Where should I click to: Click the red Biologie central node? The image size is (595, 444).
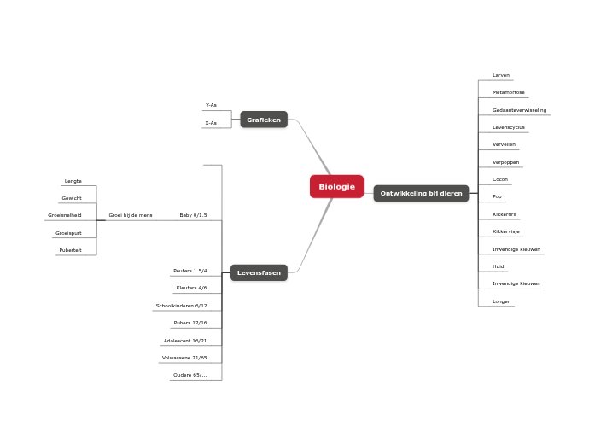[x=336, y=186]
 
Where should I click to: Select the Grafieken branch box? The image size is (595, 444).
[x=264, y=120]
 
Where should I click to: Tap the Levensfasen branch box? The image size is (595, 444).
[x=259, y=272]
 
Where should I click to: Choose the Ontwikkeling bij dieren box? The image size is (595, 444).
[x=421, y=193]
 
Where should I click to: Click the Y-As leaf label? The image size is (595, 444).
[x=211, y=105]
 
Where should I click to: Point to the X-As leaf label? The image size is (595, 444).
[x=211, y=123]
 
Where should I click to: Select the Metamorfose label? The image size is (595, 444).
[x=509, y=92]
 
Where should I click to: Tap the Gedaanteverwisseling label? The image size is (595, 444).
[x=519, y=110]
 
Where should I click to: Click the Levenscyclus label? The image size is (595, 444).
[x=509, y=127]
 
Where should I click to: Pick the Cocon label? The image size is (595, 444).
[x=500, y=179]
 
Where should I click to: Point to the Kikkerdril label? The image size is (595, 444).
[x=505, y=214]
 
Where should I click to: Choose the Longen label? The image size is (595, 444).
[x=502, y=301]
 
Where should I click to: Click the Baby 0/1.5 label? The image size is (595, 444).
[x=193, y=215]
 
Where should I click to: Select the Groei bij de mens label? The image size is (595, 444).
[x=131, y=215]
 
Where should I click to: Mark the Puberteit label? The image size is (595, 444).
[x=70, y=250]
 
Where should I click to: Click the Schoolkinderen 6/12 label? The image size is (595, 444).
[x=181, y=306]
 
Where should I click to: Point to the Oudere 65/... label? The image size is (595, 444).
[x=190, y=375]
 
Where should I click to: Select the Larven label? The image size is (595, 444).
[x=501, y=75]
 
